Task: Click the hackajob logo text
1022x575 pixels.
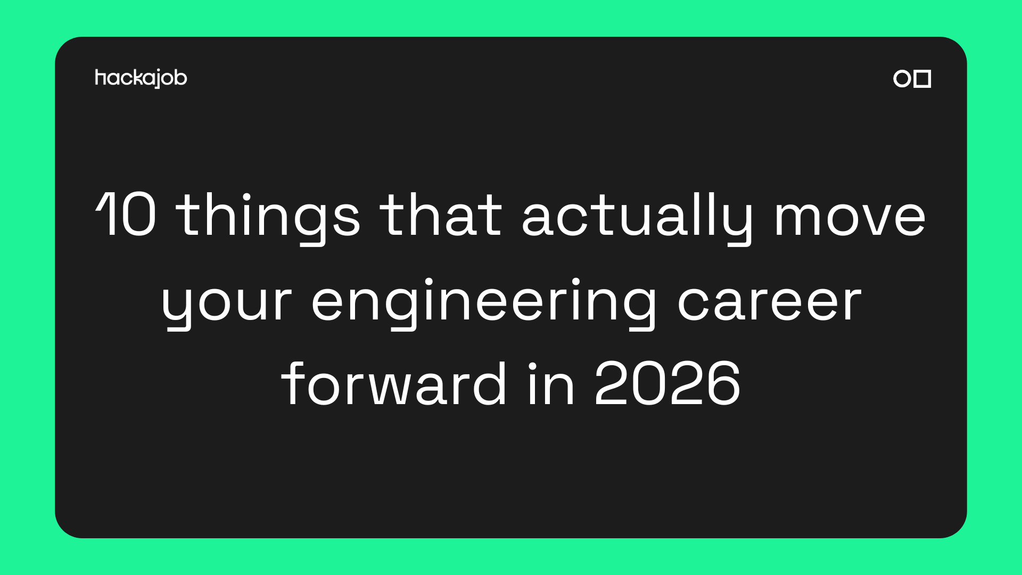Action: [x=141, y=78]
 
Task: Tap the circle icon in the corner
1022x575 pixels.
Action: [x=902, y=78]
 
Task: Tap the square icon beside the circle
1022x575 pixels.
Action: [x=922, y=78]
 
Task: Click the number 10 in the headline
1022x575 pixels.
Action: [x=126, y=214]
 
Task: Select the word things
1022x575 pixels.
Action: [x=268, y=217]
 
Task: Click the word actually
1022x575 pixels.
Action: [x=637, y=217]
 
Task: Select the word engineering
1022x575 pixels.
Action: [x=483, y=303]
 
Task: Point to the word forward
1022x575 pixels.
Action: [x=393, y=383]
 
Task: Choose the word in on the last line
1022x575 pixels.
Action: [x=551, y=383]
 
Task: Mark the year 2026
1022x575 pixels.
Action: [x=667, y=383]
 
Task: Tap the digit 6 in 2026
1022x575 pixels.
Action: [x=722, y=383]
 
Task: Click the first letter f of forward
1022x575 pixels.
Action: [x=292, y=383]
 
